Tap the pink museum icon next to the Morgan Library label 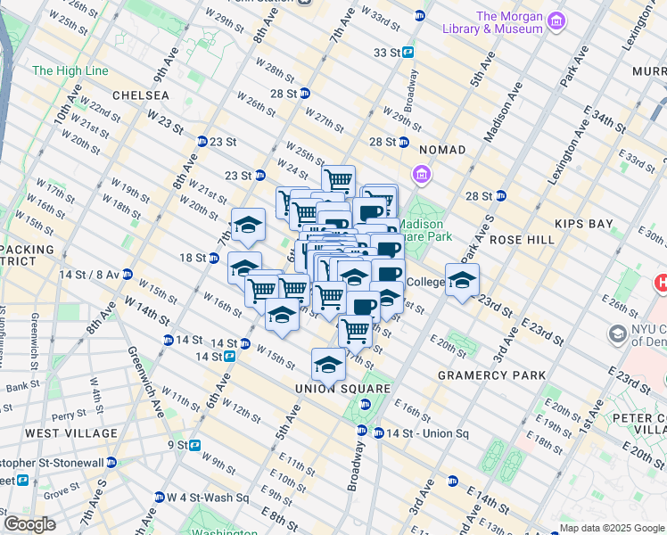[x=556, y=20]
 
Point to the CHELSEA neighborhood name [x=141, y=95]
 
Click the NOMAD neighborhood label [x=442, y=150]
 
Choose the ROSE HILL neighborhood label [x=522, y=240]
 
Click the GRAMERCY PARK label [x=491, y=375]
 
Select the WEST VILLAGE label [x=71, y=433]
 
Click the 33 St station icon [x=408, y=53]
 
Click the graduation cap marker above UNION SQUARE [x=328, y=365]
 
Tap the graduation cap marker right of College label [x=462, y=281]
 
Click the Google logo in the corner [x=29, y=524]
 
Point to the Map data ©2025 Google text [x=611, y=528]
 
